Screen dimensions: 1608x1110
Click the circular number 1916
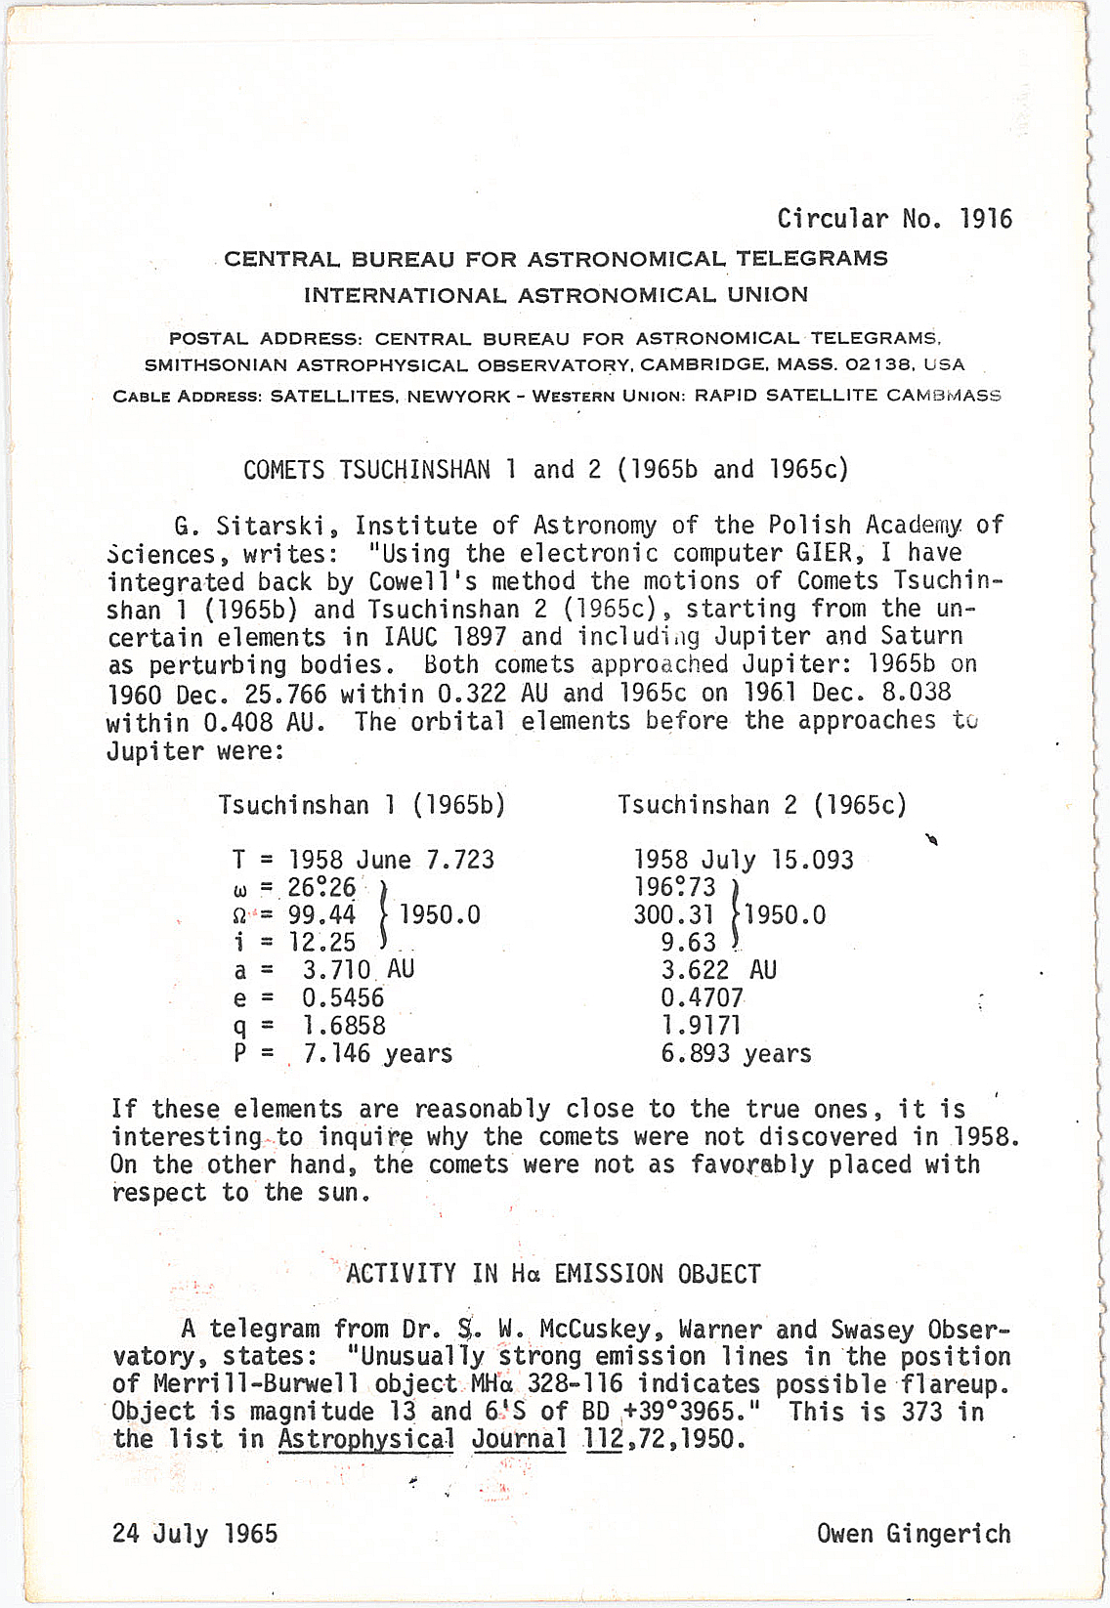click(x=986, y=218)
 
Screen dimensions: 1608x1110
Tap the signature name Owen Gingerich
click(x=914, y=1534)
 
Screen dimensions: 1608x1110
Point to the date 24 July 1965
click(x=194, y=1534)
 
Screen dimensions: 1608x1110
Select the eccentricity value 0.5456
click(x=343, y=997)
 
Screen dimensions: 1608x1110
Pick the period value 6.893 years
click(x=736, y=1054)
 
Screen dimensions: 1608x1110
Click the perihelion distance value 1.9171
click(x=701, y=1026)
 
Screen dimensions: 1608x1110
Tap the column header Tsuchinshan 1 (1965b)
click(x=362, y=805)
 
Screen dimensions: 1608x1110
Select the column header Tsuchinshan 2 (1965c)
click(x=762, y=805)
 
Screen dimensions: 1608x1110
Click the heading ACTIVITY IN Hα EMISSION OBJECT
click(x=553, y=1274)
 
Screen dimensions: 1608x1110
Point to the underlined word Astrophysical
click(x=366, y=1439)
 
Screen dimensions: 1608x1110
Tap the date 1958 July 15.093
click(x=744, y=860)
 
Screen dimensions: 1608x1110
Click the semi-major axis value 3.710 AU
click(x=358, y=970)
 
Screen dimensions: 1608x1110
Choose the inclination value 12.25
click(x=321, y=942)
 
